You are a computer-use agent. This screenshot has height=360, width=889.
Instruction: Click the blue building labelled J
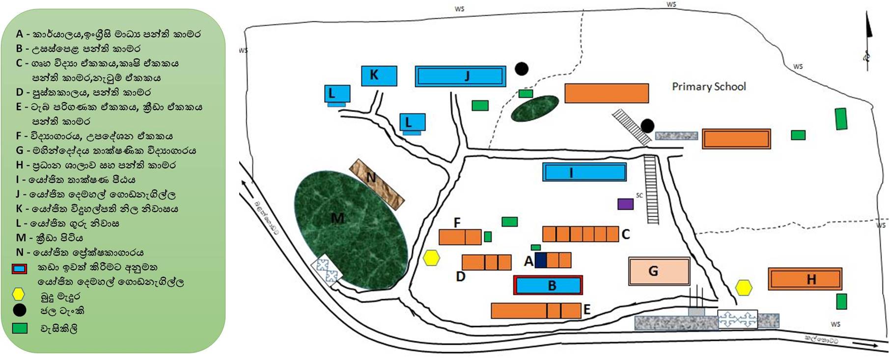[460, 76]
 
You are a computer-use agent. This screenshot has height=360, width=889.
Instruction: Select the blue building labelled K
[379, 76]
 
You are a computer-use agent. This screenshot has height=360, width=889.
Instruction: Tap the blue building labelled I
[584, 172]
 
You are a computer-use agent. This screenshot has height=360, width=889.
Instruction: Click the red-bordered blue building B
[548, 285]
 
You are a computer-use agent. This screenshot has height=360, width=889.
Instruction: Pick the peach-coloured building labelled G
[659, 271]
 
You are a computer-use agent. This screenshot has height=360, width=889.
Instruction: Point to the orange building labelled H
[805, 279]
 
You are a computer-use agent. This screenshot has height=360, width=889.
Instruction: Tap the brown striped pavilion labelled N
[377, 184]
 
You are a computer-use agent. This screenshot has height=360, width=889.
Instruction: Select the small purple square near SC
[625, 204]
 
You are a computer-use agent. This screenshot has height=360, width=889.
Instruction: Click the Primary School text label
[708, 87]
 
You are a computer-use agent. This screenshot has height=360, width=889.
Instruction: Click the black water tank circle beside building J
[522, 69]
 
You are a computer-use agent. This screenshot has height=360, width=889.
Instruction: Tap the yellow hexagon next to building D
[431, 258]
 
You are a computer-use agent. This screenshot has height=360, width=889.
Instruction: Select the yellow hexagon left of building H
[744, 287]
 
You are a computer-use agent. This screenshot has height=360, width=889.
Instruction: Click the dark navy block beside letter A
[541, 260]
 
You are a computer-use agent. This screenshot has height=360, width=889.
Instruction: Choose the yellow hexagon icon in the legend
[18, 295]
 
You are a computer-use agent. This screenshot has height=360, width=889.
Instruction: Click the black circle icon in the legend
[19, 310]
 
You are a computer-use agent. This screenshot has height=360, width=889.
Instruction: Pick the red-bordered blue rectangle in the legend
[19, 269]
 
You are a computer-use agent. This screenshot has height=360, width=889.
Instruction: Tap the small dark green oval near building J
[534, 109]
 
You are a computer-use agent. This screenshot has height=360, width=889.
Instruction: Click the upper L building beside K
[337, 93]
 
